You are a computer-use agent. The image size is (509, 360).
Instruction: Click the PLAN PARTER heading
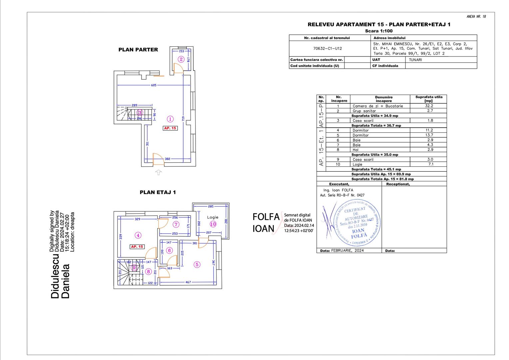[138, 50]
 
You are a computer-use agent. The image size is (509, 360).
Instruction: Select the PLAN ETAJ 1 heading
[158, 192]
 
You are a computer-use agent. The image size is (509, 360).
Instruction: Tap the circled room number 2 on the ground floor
[181, 59]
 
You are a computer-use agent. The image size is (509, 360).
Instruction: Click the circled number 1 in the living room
[170, 119]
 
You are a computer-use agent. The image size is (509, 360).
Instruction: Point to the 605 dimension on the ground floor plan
[154, 85]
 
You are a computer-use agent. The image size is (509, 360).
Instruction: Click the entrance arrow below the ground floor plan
[159, 172]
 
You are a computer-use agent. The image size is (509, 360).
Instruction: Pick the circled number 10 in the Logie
[213, 224]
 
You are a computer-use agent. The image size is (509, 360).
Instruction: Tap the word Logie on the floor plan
[213, 217]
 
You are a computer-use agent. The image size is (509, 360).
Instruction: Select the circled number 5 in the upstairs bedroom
[197, 265]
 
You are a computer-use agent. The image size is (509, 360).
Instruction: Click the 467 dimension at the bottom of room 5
[188, 282]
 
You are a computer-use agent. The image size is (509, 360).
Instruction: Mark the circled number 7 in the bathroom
[176, 225]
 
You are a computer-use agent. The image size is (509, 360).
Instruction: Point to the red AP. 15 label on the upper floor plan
[137, 247]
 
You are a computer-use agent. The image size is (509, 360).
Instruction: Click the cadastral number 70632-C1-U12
[327, 48]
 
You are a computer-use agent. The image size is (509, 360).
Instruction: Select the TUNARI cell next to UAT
[415, 60]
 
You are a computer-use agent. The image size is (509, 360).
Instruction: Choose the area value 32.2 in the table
[429, 106]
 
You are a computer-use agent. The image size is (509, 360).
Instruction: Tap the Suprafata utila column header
[429, 99]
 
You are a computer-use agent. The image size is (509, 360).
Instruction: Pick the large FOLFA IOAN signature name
[265, 223]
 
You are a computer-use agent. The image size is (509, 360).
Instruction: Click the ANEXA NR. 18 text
[476, 17]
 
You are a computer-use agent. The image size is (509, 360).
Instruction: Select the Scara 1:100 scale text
[379, 31]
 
